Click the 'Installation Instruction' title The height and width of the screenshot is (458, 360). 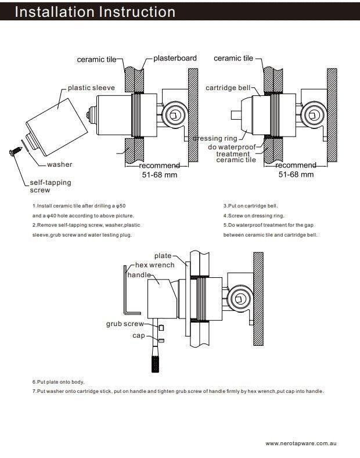point(95,12)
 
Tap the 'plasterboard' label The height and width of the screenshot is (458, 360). point(175,58)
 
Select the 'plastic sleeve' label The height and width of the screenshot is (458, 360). point(91,88)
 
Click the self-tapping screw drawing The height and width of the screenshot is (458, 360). point(13,152)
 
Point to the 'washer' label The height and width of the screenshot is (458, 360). point(60,164)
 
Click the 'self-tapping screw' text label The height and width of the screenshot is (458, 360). point(51,186)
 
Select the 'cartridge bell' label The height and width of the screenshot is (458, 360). point(228,88)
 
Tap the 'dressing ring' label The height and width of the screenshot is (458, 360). point(215,138)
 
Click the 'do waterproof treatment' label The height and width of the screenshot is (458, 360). point(232,150)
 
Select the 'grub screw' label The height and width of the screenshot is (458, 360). point(124,324)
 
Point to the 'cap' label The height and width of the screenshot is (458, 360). point(138,335)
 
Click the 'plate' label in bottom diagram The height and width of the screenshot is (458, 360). point(163,256)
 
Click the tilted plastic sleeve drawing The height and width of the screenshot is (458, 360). point(53,126)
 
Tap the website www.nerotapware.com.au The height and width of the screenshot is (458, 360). point(301,443)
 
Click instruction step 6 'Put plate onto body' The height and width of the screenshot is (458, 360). point(58,382)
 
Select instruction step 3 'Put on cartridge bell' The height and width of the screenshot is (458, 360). point(250,206)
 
